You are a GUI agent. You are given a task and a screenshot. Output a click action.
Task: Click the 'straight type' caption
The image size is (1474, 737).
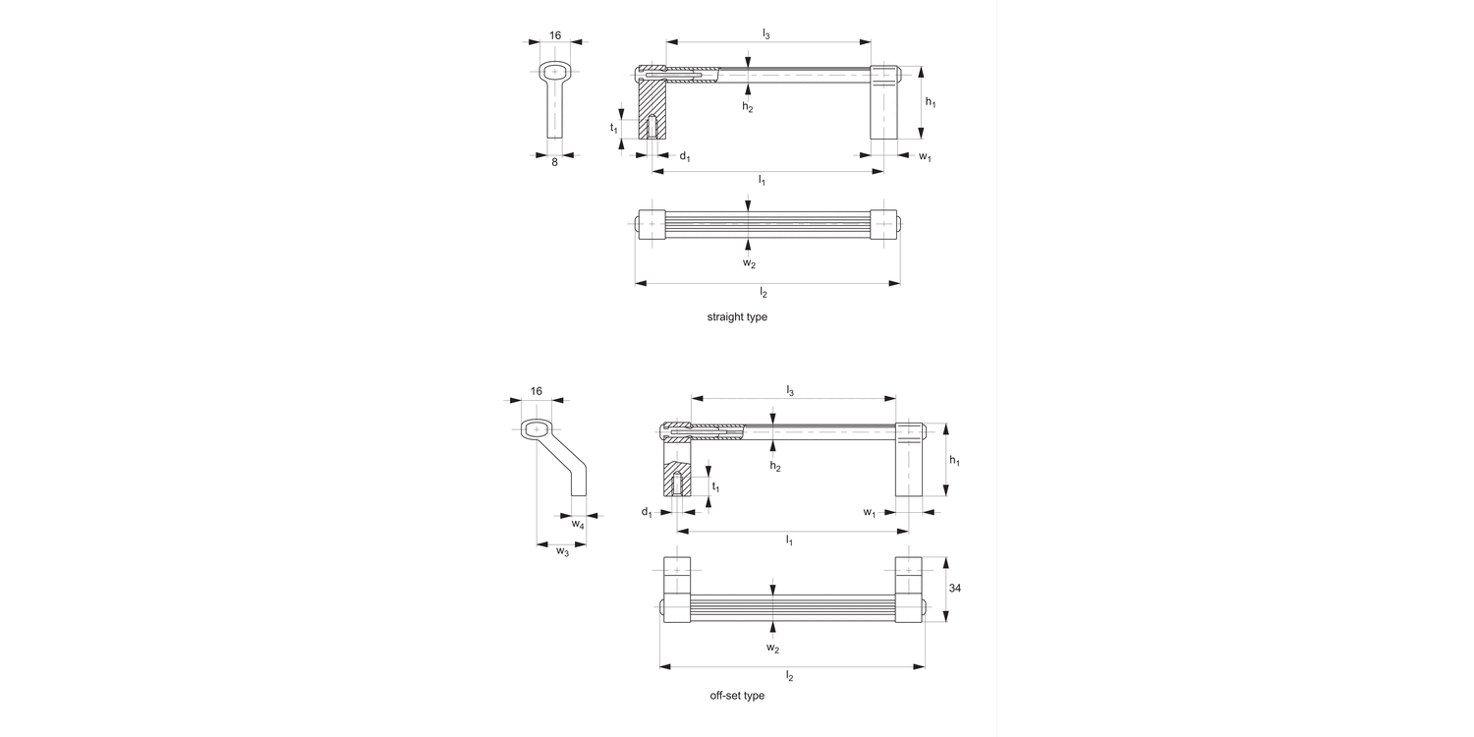pos(737,317)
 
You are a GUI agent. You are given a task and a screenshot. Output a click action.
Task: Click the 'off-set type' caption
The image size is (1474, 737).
pos(737,696)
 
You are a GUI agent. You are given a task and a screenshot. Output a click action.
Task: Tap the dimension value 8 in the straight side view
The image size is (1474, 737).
pos(554,162)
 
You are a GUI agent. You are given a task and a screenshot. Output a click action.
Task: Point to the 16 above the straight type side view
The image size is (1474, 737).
pos(555,35)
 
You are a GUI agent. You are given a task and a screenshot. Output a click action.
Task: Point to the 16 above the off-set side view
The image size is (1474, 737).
pos(536,391)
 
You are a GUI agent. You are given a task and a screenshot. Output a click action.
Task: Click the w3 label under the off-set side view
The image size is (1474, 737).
pos(562,551)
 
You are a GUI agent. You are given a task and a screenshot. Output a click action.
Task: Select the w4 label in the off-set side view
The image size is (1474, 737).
pos(579,526)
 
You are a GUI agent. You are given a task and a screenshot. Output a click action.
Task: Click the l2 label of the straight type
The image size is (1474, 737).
pos(764,293)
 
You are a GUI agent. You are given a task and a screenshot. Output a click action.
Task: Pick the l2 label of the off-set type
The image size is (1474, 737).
pos(789,676)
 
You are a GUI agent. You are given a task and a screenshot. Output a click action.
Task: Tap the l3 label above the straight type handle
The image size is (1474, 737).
pos(765,34)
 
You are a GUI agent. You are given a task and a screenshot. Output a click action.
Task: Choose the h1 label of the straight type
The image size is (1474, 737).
pos(931,102)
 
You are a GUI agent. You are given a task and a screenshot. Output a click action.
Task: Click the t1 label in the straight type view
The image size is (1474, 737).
pos(613,128)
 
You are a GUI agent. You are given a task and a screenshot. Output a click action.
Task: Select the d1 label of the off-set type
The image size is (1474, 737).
pos(647,513)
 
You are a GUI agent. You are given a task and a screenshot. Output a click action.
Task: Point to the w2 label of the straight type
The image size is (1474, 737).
pos(749,262)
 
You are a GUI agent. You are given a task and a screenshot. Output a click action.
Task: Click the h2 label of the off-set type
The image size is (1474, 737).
pos(775,466)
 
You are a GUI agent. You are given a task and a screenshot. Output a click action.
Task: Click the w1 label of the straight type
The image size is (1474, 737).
pos(925,157)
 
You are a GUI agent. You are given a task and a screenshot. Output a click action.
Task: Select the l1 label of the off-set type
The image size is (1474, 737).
pos(789,540)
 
